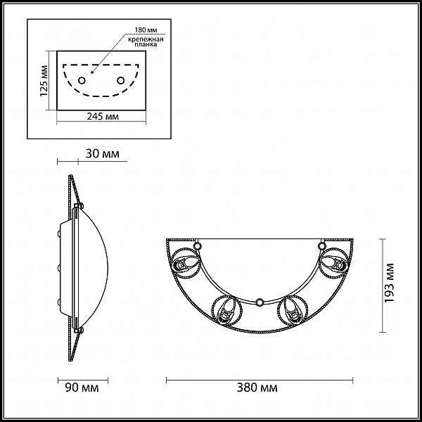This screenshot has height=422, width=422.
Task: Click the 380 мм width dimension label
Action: (257, 388)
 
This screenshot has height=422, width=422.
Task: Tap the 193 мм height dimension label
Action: (389, 283)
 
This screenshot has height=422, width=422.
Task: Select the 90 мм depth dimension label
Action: (82, 388)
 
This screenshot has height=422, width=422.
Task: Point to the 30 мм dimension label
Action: (102, 153)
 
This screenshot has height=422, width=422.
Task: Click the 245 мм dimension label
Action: (103, 116)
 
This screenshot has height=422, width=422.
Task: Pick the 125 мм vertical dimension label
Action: (44, 81)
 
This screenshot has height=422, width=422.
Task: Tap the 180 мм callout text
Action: (146, 30)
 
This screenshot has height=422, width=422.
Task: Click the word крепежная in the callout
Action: (146, 39)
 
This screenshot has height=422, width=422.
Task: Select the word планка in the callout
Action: (146, 44)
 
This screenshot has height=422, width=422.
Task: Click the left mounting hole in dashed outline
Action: (82, 80)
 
